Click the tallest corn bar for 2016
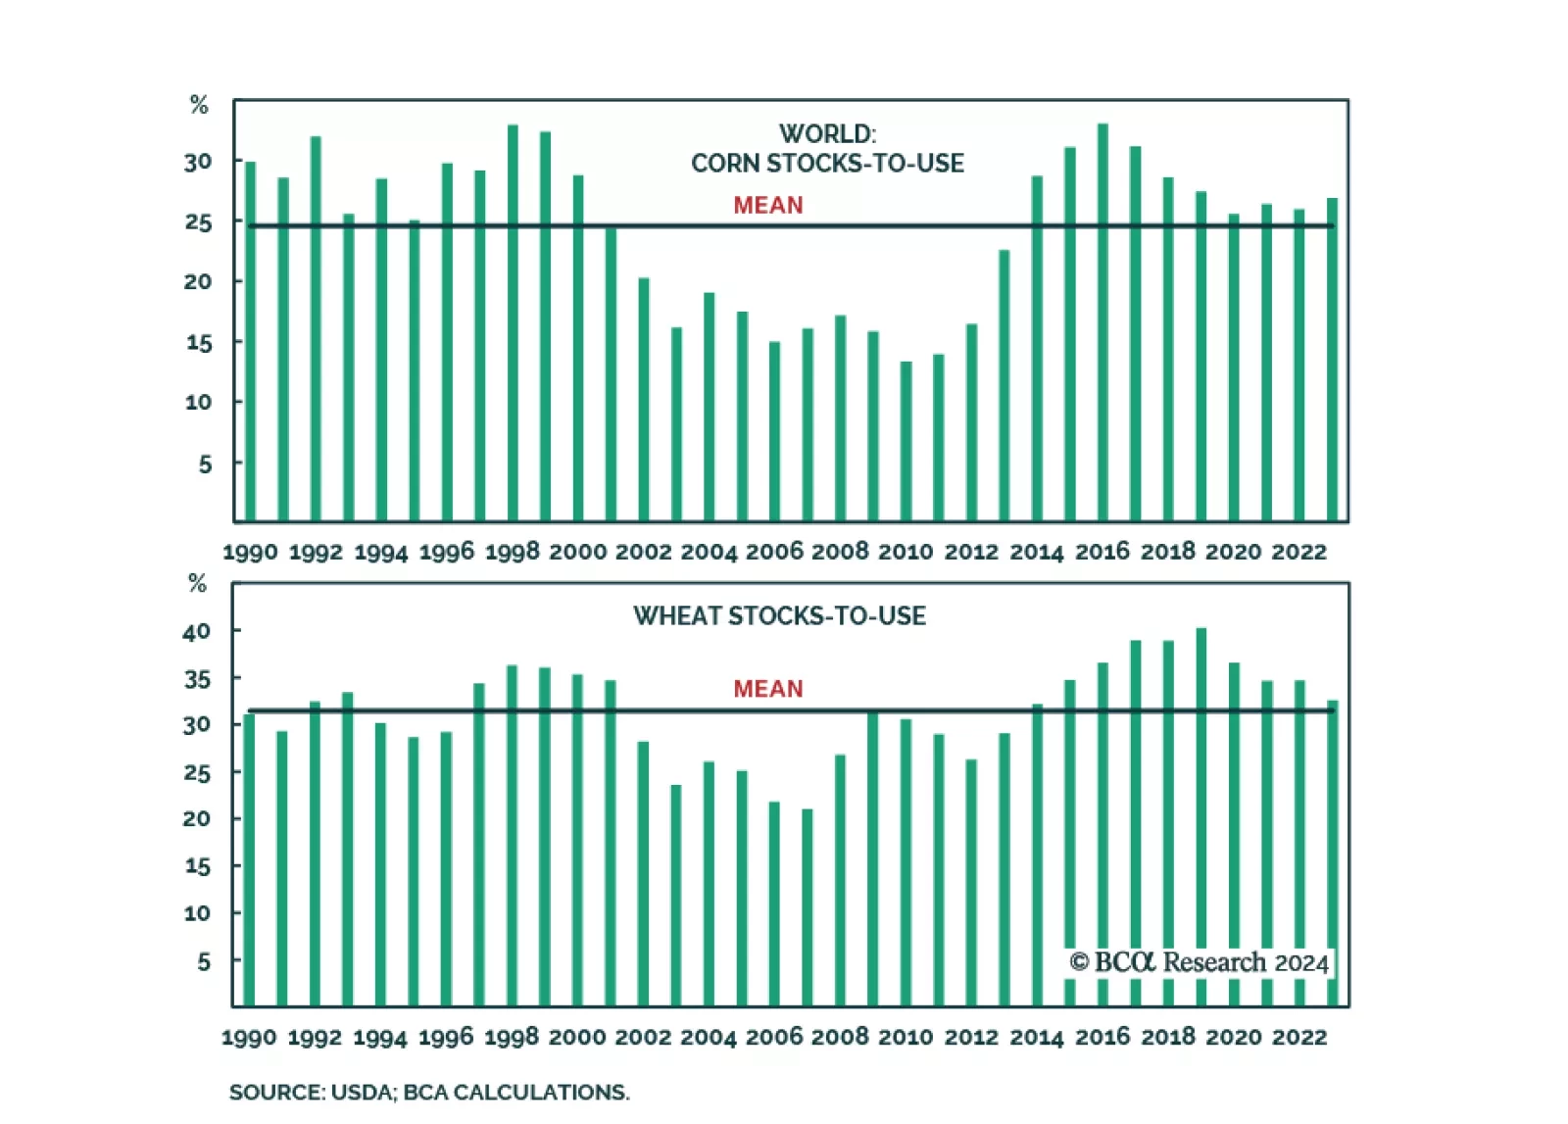(1102, 323)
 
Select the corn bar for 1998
(513, 323)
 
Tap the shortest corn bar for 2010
(906, 441)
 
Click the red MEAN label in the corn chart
(768, 205)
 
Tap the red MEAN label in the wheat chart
(768, 689)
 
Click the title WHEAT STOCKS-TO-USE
(779, 616)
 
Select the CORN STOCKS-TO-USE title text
(827, 164)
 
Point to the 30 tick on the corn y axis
(198, 162)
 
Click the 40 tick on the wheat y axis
(197, 632)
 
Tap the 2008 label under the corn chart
(840, 552)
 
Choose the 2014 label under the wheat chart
(1037, 1037)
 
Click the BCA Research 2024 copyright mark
(1199, 962)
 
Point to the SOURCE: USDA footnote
(429, 1092)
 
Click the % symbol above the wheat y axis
(197, 584)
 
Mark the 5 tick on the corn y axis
(205, 464)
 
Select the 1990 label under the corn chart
(250, 553)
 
